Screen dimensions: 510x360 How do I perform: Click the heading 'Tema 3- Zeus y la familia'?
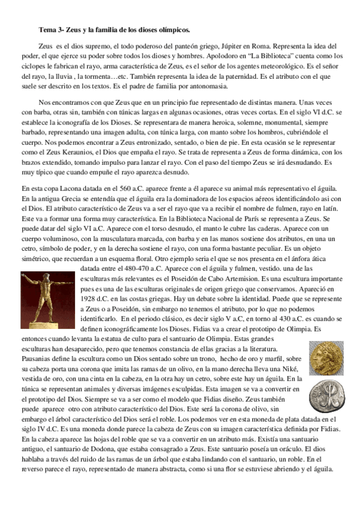click(x=114, y=29)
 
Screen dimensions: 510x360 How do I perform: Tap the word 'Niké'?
click(x=297, y=368)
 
